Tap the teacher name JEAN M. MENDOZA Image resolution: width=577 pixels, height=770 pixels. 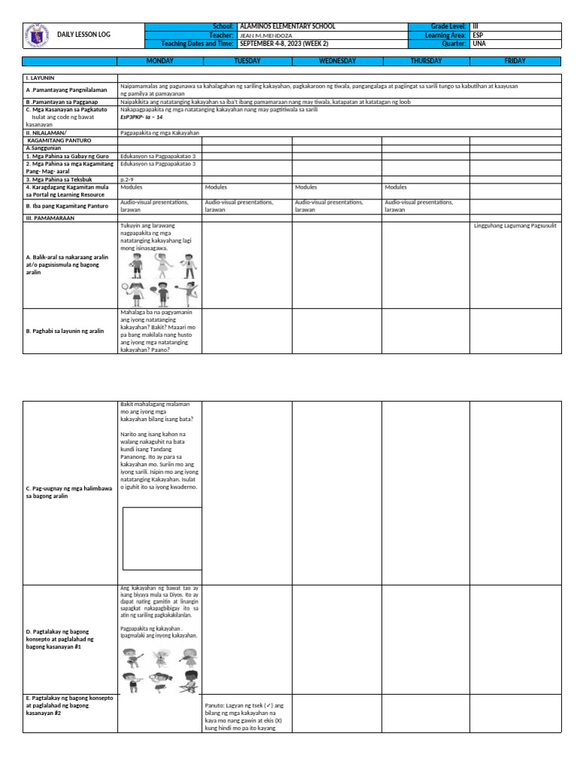pos(266,35)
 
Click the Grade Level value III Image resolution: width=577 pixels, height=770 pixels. pos(475,26)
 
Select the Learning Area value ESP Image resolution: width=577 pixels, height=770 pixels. pos(478,35)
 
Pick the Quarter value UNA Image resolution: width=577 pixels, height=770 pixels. pos(479,44)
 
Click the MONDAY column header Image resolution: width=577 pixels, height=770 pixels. pos(159,61)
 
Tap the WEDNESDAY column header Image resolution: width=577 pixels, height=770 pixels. pos(337,61)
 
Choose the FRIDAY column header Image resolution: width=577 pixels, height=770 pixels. pos(515,61)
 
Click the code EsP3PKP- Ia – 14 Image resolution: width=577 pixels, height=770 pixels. pos(141,117)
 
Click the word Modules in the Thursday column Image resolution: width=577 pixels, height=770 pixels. pos(395,187)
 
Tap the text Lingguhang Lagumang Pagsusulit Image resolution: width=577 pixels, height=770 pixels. pos(515,226)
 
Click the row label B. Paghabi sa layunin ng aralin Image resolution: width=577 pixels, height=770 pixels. pos(65,331)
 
